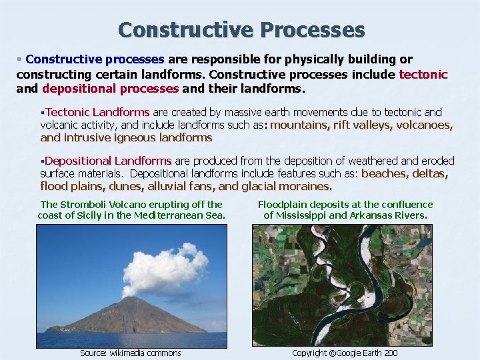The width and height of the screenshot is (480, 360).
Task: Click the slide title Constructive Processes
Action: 241,30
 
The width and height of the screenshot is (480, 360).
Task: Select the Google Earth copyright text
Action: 345,353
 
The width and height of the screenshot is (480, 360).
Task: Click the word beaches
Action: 383,173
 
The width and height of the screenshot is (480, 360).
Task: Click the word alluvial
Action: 161,186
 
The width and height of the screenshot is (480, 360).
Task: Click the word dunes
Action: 124,186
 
